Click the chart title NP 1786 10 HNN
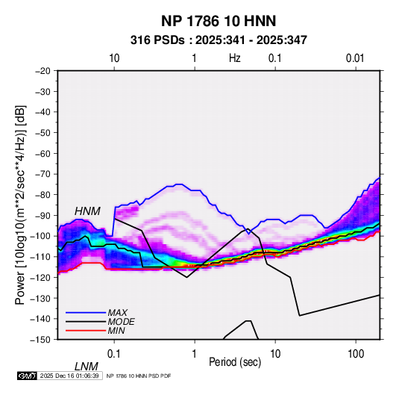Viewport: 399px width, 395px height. tap(219, 21)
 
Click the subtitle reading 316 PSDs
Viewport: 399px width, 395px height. tap(157, 40)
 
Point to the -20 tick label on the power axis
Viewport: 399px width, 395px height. tap(43, 71)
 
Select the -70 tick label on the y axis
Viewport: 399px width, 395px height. tap(43, 174)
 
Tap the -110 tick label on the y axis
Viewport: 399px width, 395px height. tap(40, 257)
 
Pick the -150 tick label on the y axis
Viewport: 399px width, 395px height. tap(40, 340)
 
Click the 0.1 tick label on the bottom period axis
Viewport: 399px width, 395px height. tap(114, 354)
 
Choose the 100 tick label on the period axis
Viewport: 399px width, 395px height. tap(356, 354)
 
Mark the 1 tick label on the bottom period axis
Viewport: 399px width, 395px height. tap(195, 354)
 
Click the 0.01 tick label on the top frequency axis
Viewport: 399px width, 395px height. tap(355, 58)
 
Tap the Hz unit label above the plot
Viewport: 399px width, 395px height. tap(235, 58)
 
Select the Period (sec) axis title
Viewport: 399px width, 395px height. tap(235, 362)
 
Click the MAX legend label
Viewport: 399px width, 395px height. tap(117, 312)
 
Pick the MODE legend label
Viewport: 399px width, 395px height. tap(121, 322)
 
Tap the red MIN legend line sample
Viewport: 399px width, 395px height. tap(86, 331)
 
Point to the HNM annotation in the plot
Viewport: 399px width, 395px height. tap(87, 211)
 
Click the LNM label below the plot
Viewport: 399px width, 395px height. tap(86, 367)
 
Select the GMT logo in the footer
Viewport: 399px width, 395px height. tap(27, 376)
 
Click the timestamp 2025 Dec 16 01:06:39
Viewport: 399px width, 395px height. tap(69, 376)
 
